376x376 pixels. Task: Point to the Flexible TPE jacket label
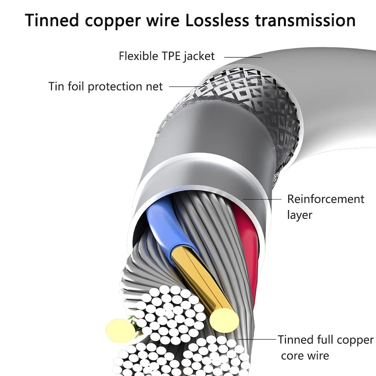[x=167, y=56]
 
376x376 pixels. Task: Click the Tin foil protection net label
[x=106, y=86]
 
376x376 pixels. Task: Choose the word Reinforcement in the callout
[x=326, y=199]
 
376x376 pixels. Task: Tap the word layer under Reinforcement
[x=300, y=215]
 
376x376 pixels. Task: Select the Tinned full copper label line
[x=326, y=340]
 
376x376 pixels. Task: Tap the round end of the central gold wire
[x=224, y=320]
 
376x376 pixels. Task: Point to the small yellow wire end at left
[x=120, y=331]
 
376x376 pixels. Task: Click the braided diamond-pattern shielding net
[x=259, y=102]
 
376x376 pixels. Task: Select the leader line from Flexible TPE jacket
[x=243, y=57]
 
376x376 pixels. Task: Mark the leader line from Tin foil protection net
[x=186, y=86]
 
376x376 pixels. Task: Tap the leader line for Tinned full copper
[x=258, y=339]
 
